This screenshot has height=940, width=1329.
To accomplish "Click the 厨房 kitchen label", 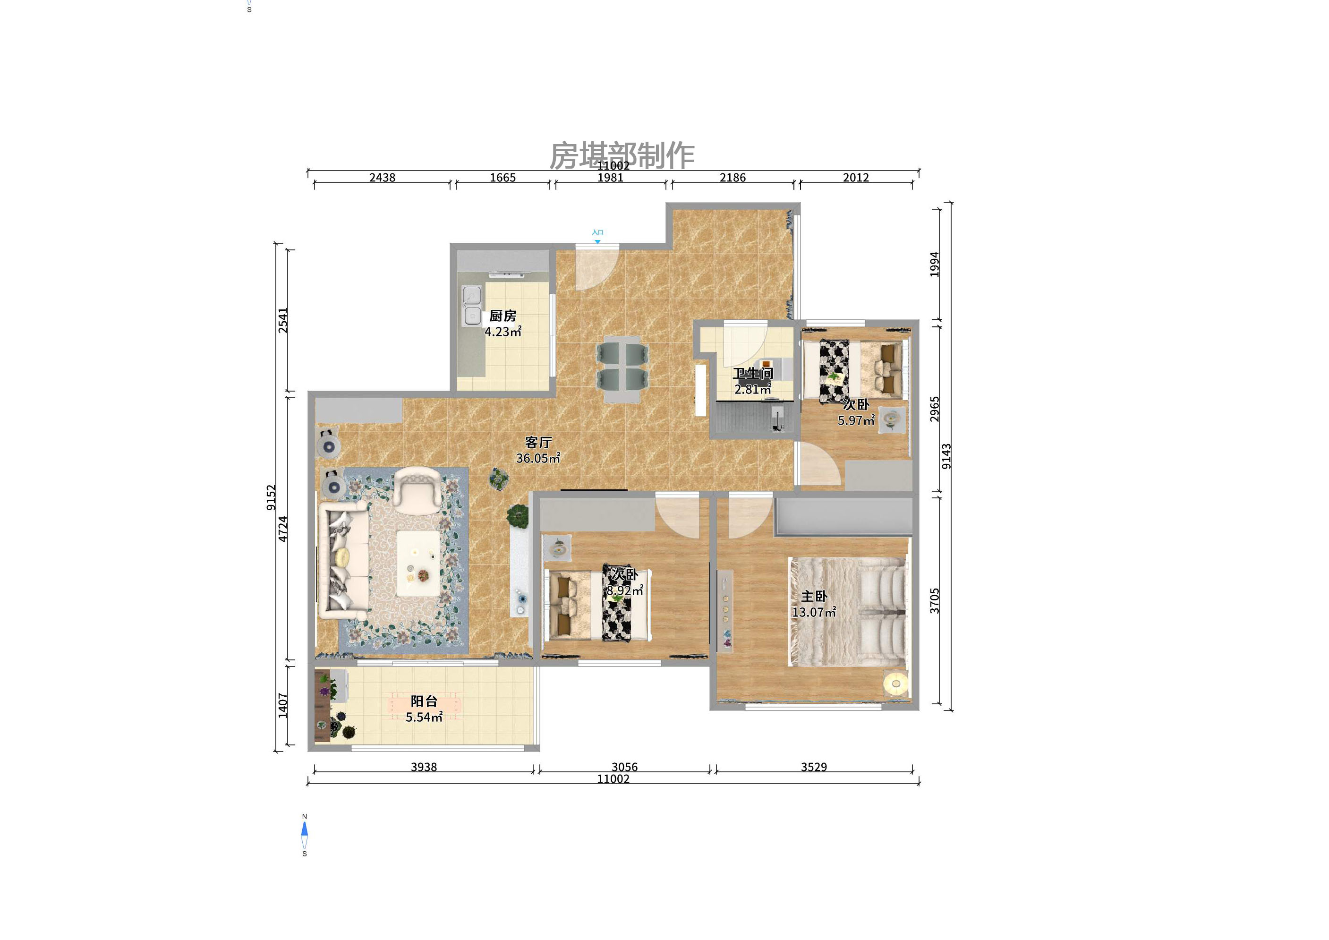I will (x=503, y=316).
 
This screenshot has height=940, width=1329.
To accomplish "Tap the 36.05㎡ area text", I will (x=538, y=458).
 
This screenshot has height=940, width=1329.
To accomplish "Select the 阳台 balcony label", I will (x=424, y=701).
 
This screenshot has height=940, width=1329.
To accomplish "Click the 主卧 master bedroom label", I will (x=814, y=596).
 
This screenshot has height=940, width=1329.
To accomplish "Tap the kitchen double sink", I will (x=472, y=305).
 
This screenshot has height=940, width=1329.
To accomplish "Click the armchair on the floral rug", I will (x=415, y=491).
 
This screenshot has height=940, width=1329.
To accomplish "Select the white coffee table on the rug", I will (x=418, y=563).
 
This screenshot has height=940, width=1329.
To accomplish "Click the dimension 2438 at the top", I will (x=382, y=178).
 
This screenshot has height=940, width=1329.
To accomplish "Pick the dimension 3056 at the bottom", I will (x=624, y=767).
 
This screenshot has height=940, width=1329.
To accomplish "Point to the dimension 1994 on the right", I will (x=934, y=264).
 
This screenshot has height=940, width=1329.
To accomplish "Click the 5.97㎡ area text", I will (x=855, y=421).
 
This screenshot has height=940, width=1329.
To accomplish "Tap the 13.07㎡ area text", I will (x=813, y=612).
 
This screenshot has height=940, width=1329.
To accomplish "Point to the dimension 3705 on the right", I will (x=934, y=601).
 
